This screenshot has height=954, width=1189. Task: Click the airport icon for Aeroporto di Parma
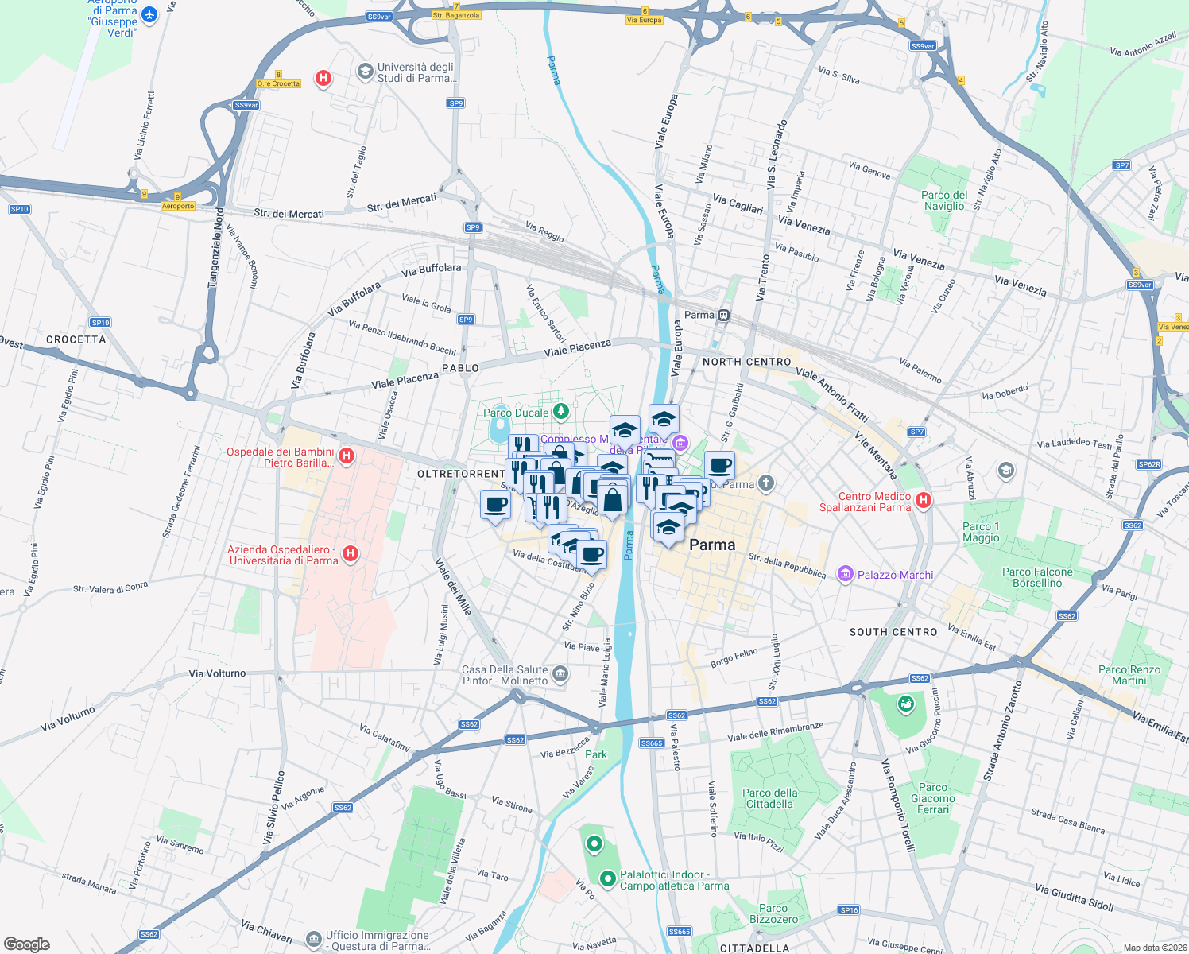click(149, 15)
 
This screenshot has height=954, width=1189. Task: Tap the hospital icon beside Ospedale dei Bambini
click(346, 456)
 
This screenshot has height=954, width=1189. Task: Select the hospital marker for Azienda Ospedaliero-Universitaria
click(351, 554)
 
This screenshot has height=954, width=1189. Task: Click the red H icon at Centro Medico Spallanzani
click(923, 500)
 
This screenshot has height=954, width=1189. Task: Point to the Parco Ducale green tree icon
click(561, 411)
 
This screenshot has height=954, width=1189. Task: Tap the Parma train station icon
click(723, 315)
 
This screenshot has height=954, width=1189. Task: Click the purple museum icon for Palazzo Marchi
click(846, 574)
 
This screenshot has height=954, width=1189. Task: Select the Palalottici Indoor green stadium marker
click(608, 878)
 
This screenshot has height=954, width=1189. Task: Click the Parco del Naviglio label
click(944, 200)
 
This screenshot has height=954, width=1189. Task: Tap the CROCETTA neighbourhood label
click(76, 339)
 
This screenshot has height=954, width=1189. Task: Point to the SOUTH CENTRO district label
click(893, 632)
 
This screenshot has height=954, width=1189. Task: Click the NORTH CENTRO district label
click(747, 362)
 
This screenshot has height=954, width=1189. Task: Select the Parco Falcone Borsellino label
click(1037, 577)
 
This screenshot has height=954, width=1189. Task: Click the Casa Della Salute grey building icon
click(560, 675)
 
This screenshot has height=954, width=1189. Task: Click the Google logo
click(27, 944)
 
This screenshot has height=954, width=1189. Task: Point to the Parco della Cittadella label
click(769, 798)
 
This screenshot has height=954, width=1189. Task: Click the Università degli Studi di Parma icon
click(366, 72)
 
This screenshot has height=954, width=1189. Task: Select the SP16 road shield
click(849, 910)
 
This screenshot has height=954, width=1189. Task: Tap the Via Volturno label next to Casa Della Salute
click(218, 673)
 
